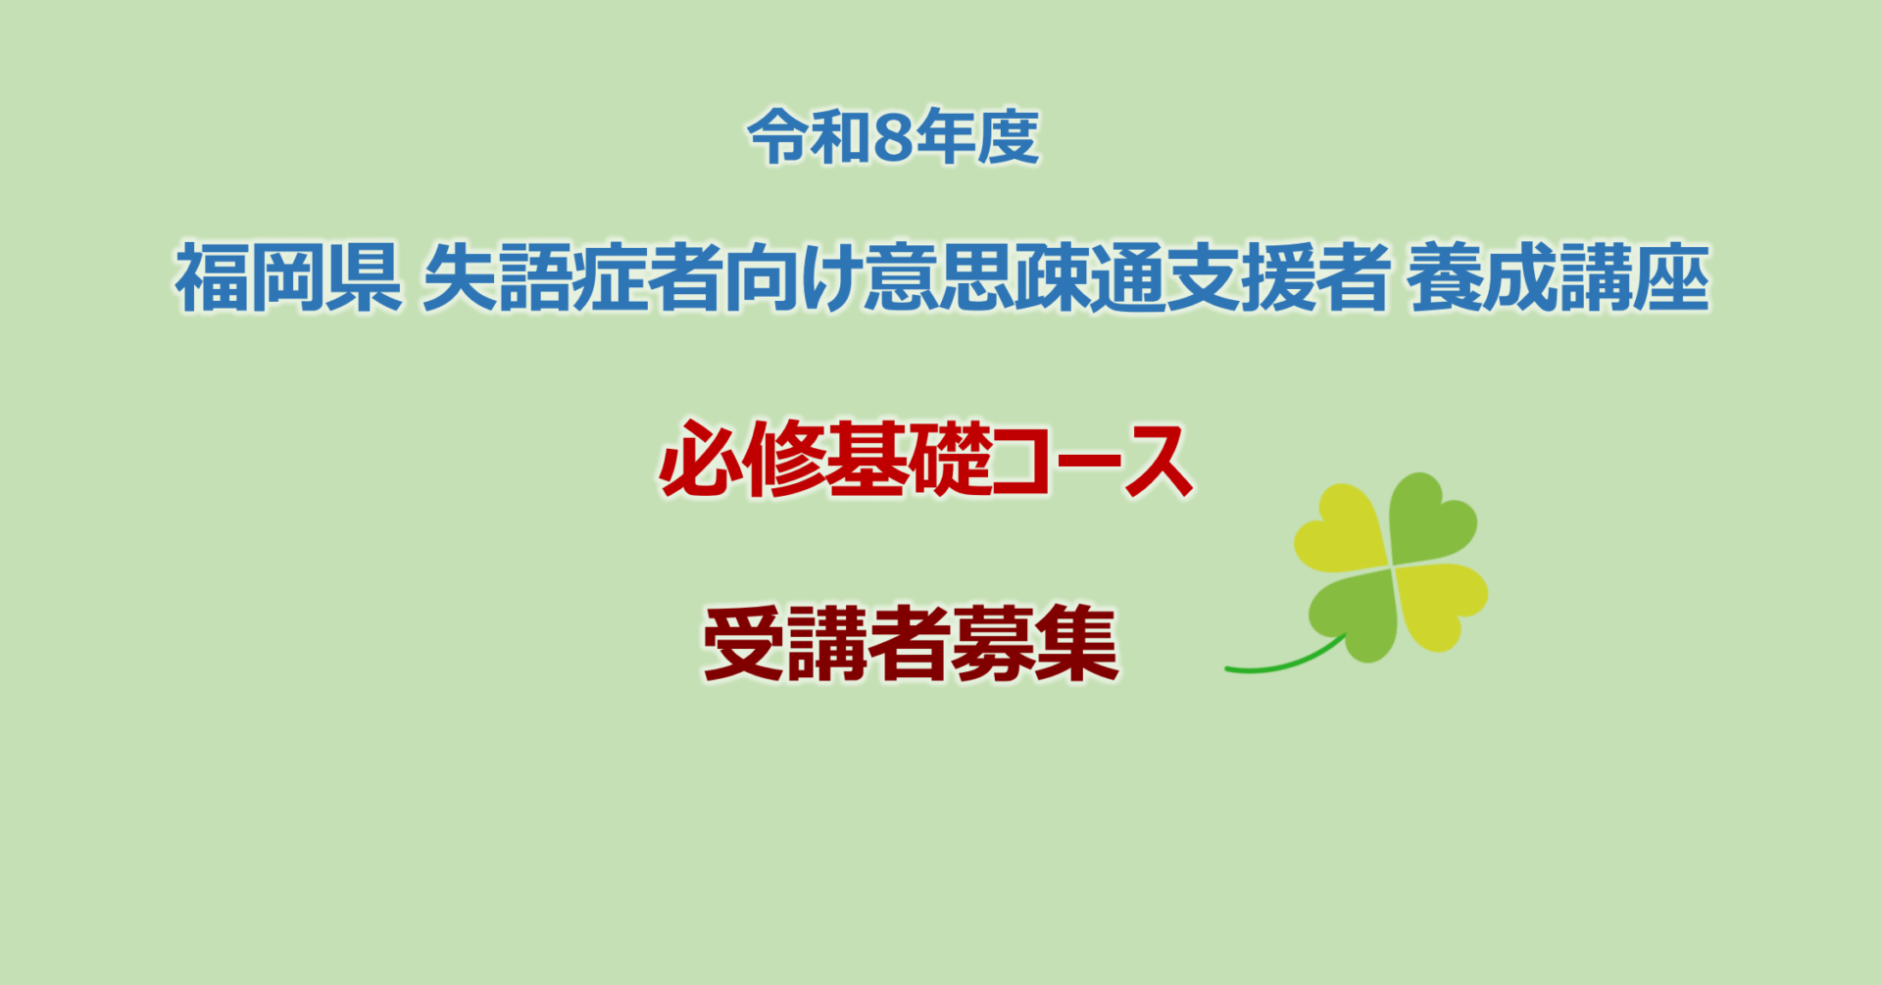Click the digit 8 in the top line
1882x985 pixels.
[x=892, y=137]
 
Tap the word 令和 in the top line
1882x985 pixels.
[x=810, y=137]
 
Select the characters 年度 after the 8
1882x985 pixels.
[x=976, y=137]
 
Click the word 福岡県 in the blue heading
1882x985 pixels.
[x=288, y=278]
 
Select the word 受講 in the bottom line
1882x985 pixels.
[x=785, y=643]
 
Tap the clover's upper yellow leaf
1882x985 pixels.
[x=1341, y=529]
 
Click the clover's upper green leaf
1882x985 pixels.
[x=1431, y=519]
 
